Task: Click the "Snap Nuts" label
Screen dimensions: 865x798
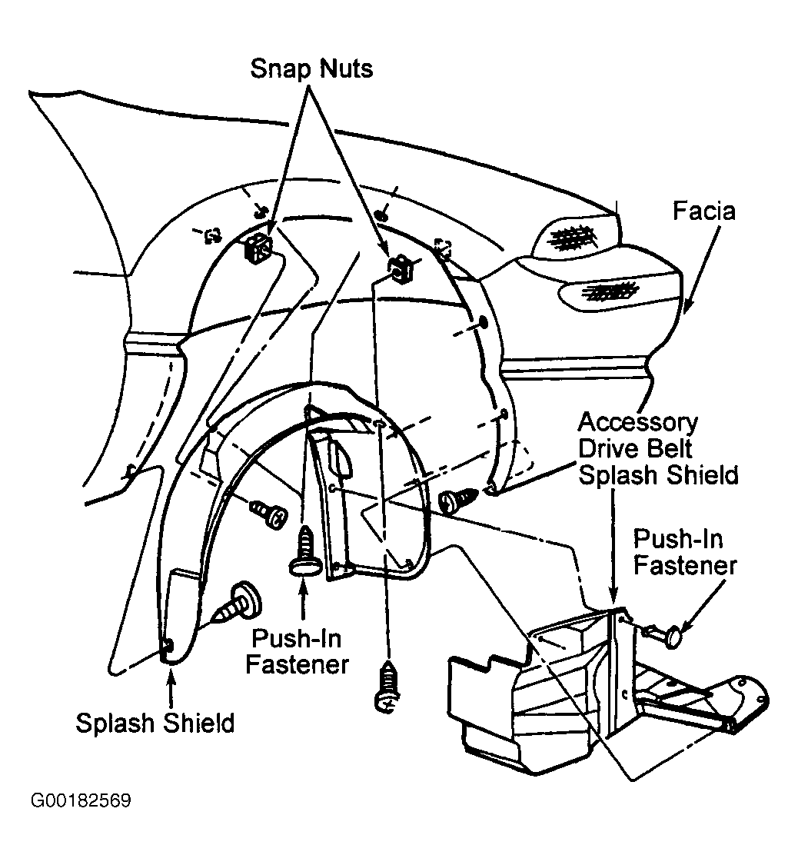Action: click(311, 68)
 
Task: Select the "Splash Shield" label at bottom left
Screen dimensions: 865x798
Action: click(155, 723)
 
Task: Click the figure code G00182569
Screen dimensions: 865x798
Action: click(81, 800)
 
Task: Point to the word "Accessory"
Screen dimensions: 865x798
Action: click(638, 422)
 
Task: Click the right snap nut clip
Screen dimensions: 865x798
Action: click(399, 268)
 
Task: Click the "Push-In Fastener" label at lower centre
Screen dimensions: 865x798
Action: click(297, 651)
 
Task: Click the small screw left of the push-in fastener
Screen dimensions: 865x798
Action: click(268, 510)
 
